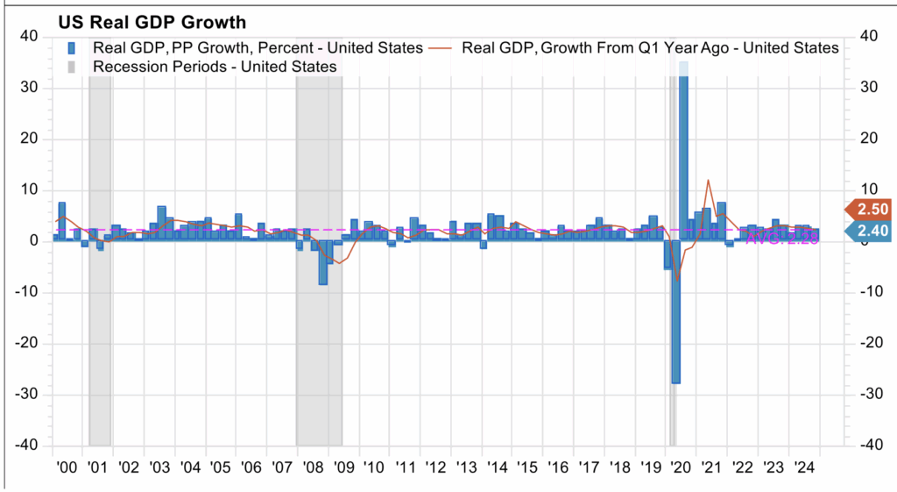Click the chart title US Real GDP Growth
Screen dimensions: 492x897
click(153, 22)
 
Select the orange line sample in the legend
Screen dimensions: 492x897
click(441, 47)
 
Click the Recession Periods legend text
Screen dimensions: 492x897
click(214, 67)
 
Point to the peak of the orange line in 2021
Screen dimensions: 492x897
click(708, 181)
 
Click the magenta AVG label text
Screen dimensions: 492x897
click(782, 238)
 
